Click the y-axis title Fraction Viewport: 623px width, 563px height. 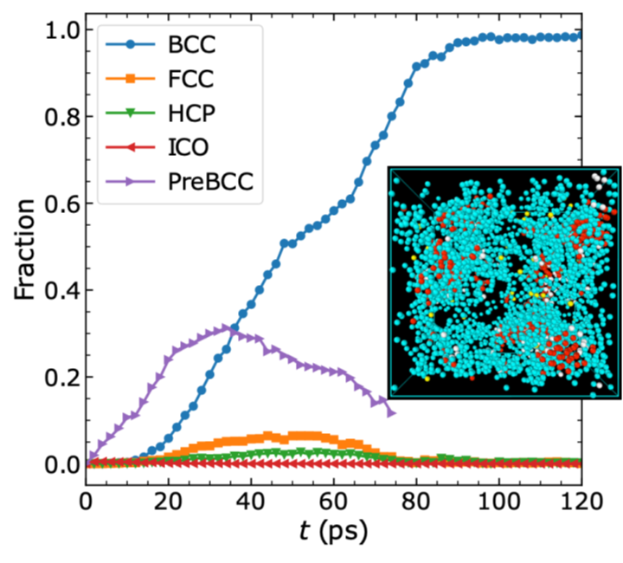26,249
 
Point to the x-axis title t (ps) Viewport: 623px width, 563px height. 334,530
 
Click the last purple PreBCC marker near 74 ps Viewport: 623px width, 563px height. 391,412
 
